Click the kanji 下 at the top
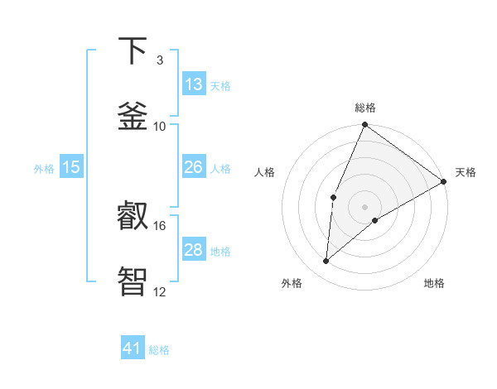pos(133,51)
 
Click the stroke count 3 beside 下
pos(160,60)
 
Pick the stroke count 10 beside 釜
pos(160,126)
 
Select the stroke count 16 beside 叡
pos(160,225)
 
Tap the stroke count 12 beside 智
pos(160,291)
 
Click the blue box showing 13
pos(194,84)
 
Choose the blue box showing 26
pos(194,167)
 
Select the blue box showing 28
pos(194,250)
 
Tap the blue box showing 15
pos(71,167)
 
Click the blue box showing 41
pos(133,348)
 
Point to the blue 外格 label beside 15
pos(44,168)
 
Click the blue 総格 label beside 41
pos(159,350)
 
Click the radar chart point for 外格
pos(326,262)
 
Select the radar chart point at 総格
pos(364,125)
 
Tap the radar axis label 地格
pos(434,283)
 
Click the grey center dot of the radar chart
pos(364,206)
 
